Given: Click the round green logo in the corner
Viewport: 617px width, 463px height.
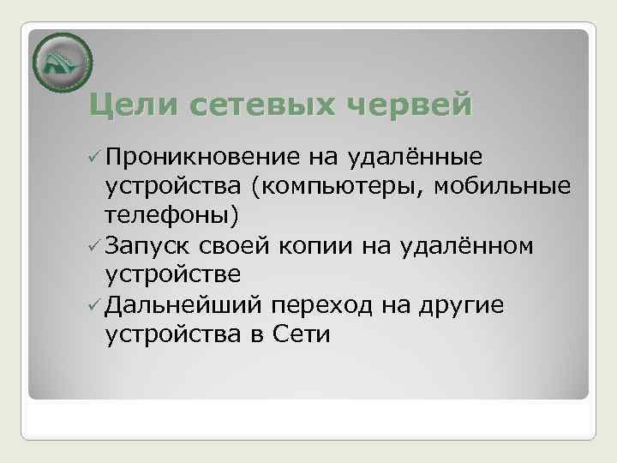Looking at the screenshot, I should [x=62, y=62].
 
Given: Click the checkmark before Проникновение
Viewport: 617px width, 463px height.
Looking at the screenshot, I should [x=94, y=159].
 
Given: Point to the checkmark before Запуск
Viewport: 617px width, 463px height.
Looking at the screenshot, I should [x=94, y=247].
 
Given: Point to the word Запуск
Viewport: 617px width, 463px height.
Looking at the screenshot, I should [x=148, y=247].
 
